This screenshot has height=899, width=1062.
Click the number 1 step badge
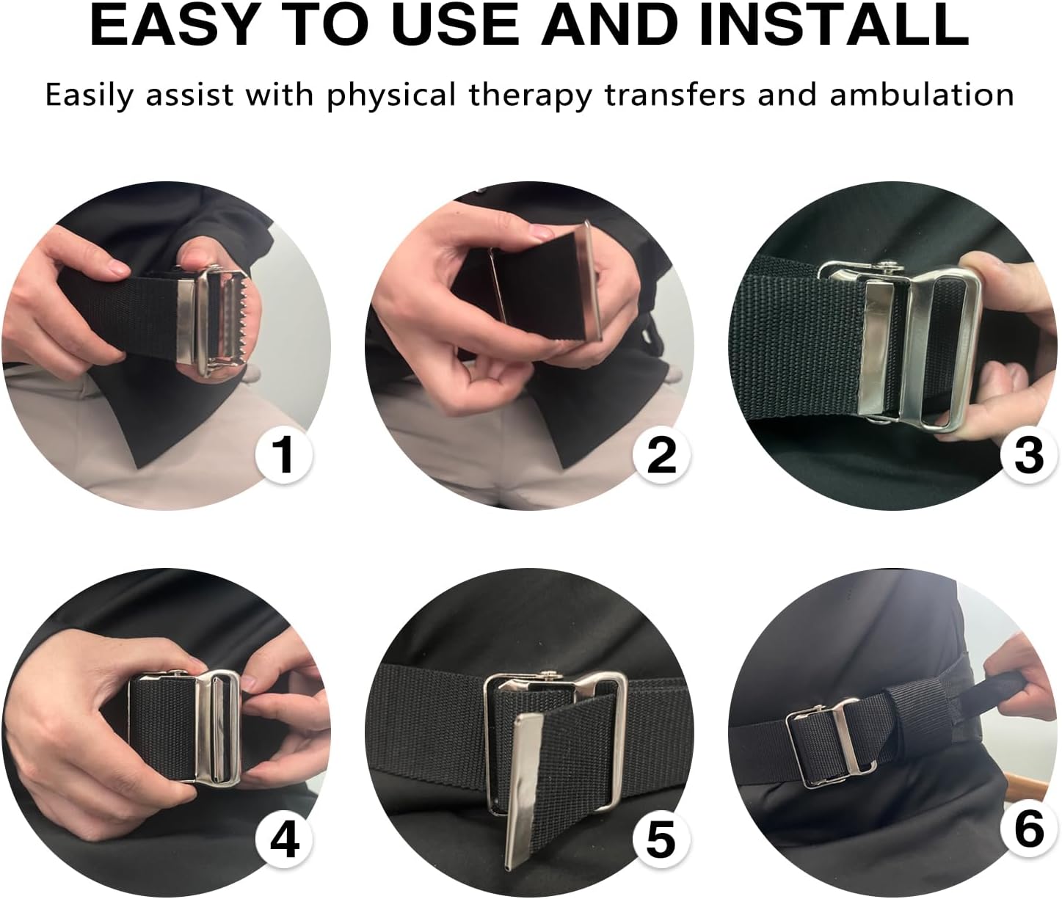283,454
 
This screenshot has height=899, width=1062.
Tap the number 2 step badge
661,454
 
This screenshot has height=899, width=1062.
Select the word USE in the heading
459,26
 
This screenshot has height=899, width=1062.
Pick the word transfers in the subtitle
674,95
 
